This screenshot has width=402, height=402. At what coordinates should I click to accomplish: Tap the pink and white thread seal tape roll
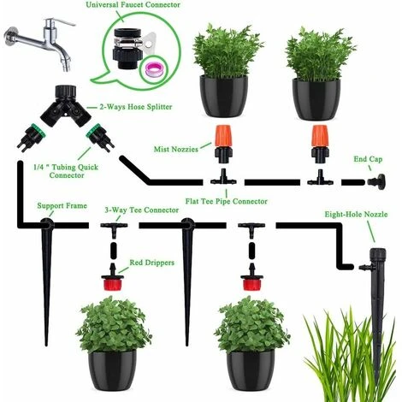[154, 70]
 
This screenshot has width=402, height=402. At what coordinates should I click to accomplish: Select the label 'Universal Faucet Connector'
[133, 5]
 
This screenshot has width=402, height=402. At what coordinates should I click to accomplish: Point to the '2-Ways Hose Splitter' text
[136, 107]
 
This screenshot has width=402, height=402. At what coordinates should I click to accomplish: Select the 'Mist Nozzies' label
[176, 149]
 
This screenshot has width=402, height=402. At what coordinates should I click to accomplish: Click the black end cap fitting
[376, 181]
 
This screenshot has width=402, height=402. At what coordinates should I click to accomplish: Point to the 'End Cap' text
[368, 159]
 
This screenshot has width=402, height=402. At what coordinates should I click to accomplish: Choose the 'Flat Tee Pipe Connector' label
[227, 202]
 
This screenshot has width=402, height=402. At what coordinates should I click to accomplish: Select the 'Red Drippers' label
[151, 263]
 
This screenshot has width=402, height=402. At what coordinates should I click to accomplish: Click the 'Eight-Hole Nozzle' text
[356, 215]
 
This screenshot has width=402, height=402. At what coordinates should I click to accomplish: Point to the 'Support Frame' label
[62, 206]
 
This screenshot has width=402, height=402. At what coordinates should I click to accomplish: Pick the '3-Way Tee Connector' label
[142, 210]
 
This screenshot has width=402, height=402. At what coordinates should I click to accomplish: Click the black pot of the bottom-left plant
[112, 370]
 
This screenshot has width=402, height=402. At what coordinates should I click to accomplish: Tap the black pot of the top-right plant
[316, 99]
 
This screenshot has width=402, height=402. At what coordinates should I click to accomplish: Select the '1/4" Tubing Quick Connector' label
[66, 171]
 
